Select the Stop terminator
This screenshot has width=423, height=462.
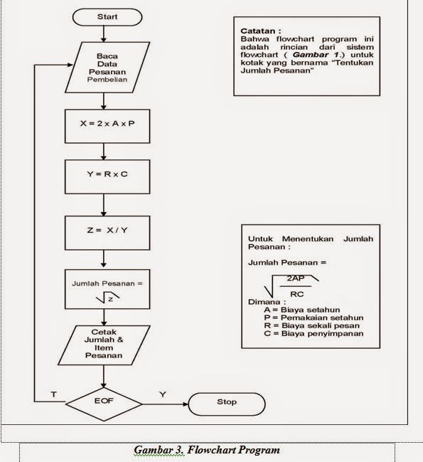[226, 402]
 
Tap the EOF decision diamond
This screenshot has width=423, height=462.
[105, 402]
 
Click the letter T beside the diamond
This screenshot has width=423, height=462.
[54, 394]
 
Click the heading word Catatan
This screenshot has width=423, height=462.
[260, 31]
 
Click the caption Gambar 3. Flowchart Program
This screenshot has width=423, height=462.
[207, 450]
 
